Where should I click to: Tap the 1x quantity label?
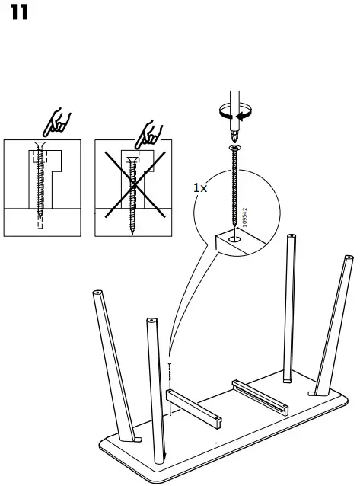[200, 187]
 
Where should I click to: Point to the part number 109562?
[244, 216]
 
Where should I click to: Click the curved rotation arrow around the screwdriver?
[234, 114]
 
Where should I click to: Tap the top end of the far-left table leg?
[97, 293]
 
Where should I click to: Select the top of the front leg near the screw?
[151, 322]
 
